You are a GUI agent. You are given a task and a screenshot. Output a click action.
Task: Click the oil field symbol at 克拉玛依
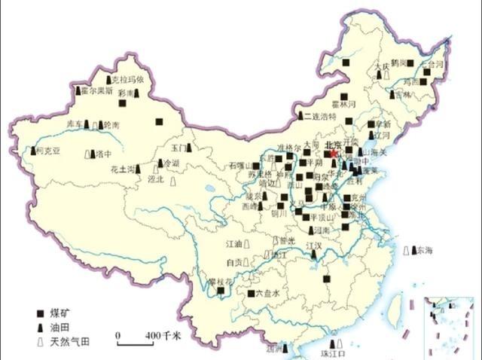tap(109, 79)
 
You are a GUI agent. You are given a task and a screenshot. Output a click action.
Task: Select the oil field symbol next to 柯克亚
tap(32, 151)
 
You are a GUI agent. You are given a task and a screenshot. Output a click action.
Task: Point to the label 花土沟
tap(123, 169)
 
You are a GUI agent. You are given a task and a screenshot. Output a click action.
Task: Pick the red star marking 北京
tap(334, 152)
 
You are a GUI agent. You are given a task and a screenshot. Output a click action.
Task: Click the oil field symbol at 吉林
tap(389, 95)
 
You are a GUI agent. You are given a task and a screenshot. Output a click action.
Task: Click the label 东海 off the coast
tap(425, 250)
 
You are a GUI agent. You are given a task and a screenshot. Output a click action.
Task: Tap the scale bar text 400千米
tap(159, 334)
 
